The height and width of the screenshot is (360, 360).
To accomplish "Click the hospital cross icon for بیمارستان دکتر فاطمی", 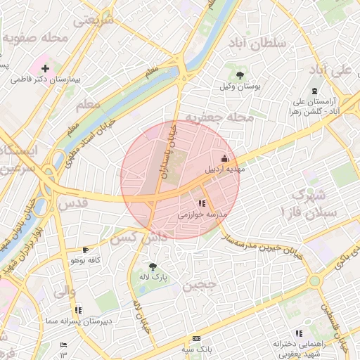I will pos(46,69).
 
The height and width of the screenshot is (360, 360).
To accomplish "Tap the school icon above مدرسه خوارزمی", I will pos(202,203).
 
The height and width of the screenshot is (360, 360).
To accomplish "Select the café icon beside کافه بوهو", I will pos(86,250).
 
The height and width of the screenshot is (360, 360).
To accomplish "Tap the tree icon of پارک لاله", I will pos(153,266).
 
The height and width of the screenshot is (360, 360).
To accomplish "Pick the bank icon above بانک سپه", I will pos(196,338).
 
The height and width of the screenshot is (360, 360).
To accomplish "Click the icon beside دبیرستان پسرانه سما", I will pos(78,309).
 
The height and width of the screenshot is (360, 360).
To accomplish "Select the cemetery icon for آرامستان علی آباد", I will pos(314,91).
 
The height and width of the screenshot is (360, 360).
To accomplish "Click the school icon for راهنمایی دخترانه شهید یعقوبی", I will pos(299,333).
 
